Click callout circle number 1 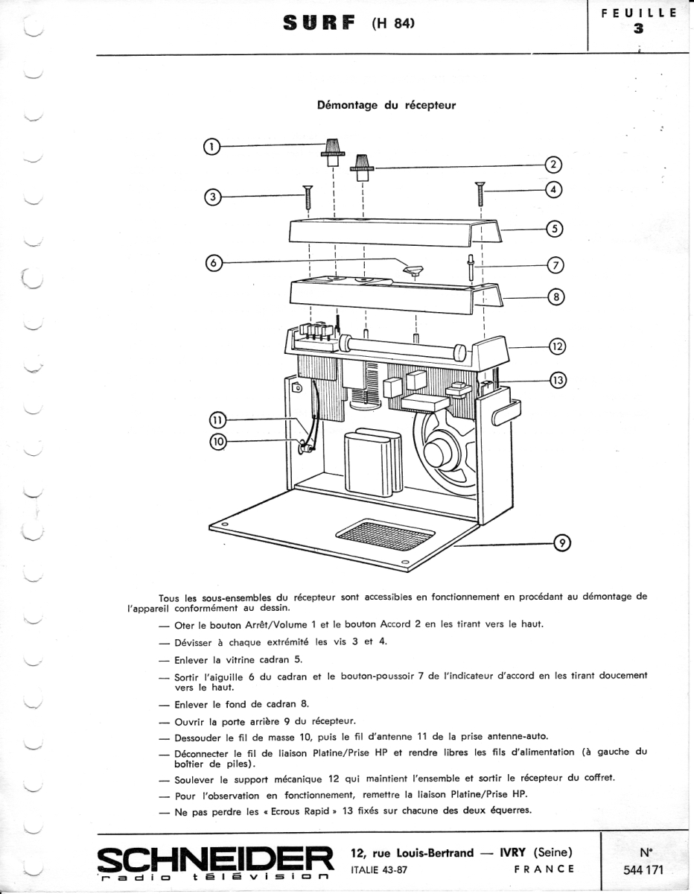[211, 146]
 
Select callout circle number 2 [555, 165]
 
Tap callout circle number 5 [555, 229]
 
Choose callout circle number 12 [557, 346]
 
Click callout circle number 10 [217, 441]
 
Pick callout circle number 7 [556, 264]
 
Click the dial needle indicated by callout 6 [412, 269]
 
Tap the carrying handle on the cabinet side [506, 410]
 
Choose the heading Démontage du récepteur [386, 105]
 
